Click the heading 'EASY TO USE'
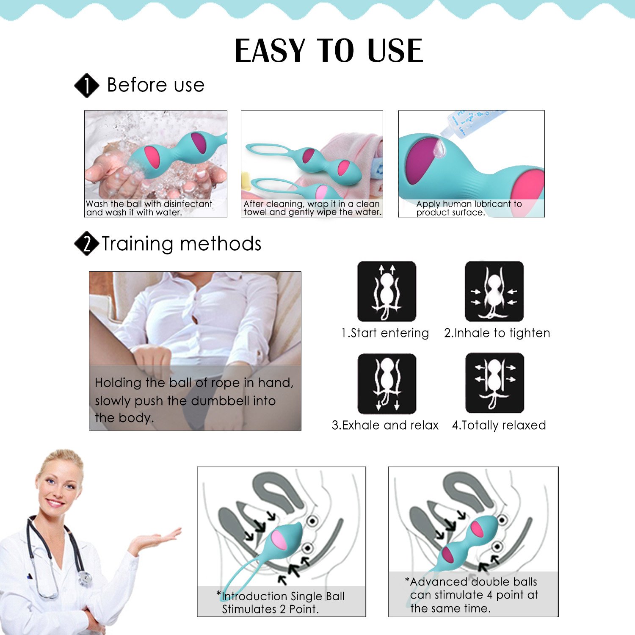click(329, 51)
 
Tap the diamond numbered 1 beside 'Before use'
click(87, 85)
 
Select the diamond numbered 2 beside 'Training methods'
click(87, 243)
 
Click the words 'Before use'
click(156, 85)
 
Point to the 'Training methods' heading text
click(182, 244)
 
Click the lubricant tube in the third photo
click(470, 123)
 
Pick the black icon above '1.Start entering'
click(387, 291)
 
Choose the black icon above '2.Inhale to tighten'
click(494, 291)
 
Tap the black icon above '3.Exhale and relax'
click(387, 384)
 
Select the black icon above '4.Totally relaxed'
click(495, 383)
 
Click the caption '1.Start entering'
click(385, 333)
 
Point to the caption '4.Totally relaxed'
click(499, 425)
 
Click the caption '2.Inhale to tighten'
click(497, 333)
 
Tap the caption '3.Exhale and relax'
click(385, 425)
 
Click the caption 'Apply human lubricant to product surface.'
click(469, 208)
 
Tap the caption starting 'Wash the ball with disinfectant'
click(149, 208)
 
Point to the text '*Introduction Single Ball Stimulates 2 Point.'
click(281, 602)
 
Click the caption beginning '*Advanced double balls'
click(472, 595)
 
